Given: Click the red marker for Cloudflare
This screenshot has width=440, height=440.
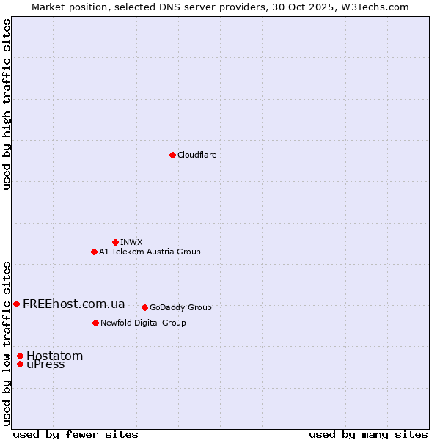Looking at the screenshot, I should pos(172,155).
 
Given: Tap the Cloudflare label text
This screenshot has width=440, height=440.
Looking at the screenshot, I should pos(197,155).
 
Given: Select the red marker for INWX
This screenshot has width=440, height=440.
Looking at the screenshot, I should pos(115,242).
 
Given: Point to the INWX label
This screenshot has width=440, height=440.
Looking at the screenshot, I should pos(131,242).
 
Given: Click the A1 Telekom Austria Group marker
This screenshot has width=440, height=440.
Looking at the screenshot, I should pos(94,252).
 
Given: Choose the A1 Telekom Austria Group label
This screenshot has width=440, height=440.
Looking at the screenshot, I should pos(150,252).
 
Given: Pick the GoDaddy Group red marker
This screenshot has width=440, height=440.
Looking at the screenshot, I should pos(144,307).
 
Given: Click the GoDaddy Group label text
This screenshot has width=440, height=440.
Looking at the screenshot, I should pos(180,307).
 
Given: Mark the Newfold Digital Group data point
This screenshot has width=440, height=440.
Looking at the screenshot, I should pos(95,323).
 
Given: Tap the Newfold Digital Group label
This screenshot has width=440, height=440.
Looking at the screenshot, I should pos(143,323).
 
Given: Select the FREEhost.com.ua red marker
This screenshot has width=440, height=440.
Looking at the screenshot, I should pos(16,304).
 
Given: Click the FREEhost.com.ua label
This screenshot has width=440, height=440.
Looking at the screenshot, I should pos(73,304).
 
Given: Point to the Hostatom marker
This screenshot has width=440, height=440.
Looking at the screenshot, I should pos(20,356).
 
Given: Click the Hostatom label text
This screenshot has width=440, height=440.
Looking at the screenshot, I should pos(54,356).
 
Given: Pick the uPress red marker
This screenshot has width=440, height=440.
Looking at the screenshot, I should pos(20,364).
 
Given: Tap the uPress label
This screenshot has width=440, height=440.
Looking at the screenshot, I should pos(45,364).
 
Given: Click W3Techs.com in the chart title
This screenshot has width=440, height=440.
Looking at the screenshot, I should pos(378,7).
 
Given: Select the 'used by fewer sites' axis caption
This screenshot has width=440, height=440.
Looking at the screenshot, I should pos(76,434).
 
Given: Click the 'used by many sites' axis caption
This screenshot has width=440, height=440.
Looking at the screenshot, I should pos(368,434).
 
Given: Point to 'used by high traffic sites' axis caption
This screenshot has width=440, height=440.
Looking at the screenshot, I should pos(7,104).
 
